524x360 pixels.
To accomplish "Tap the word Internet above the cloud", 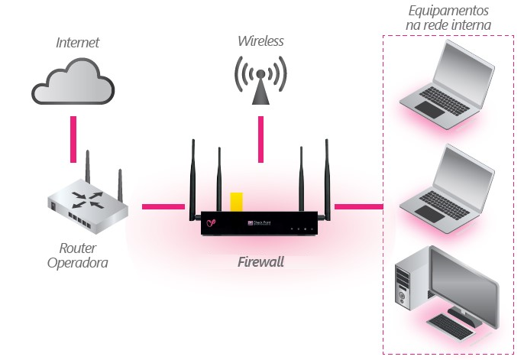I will tap(77, 42).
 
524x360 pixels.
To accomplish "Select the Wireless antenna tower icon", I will tap(260, 80).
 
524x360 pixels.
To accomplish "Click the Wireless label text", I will tap(260, 41).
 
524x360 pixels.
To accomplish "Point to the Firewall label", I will tap(260, 262).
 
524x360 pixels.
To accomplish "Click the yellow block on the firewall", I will tap(237, 201).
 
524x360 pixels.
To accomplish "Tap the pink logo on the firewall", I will tap(211, 223).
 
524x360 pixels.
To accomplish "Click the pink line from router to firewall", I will tap(163, 206).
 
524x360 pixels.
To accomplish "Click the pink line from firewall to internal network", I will tap(358, 206).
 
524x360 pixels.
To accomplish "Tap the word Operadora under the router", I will tap(77, 264).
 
